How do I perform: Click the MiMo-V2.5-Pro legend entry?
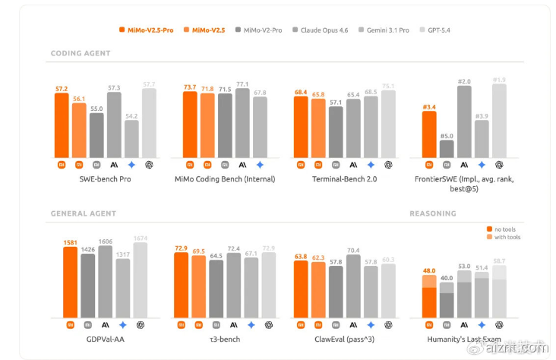click(x=146, y=30)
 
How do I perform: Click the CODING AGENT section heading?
click(x=80, y=53)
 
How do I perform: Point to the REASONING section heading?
click(x=432, y=213)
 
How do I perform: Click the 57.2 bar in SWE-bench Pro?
click(x=62, y=125)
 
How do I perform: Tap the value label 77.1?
click(x=242, y=84)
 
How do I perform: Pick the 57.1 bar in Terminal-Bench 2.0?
click(x=335, y=131)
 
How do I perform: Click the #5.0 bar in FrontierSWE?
click(x=447, y=148)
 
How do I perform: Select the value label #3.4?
click(x=428, y=107)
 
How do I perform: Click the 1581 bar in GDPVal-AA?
click(x=70, y=281)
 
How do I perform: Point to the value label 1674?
click(x=141, y=238)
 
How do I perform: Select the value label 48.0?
click(x=429, y=271)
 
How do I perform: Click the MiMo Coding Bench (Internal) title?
click(x=225, y=179)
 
